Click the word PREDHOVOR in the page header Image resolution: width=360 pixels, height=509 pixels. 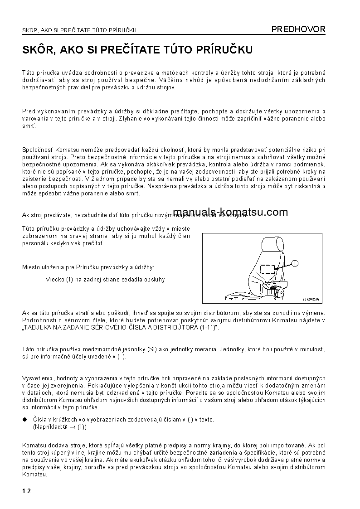(x=298, y=29)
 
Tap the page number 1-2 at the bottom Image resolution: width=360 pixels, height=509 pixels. (x=26, y=491)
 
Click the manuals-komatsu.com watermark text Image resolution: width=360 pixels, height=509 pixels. (x=230, y=212)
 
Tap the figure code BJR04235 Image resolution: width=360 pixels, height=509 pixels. (x=311, y=299)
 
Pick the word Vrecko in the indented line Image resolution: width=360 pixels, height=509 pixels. (x=54, y=280)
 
